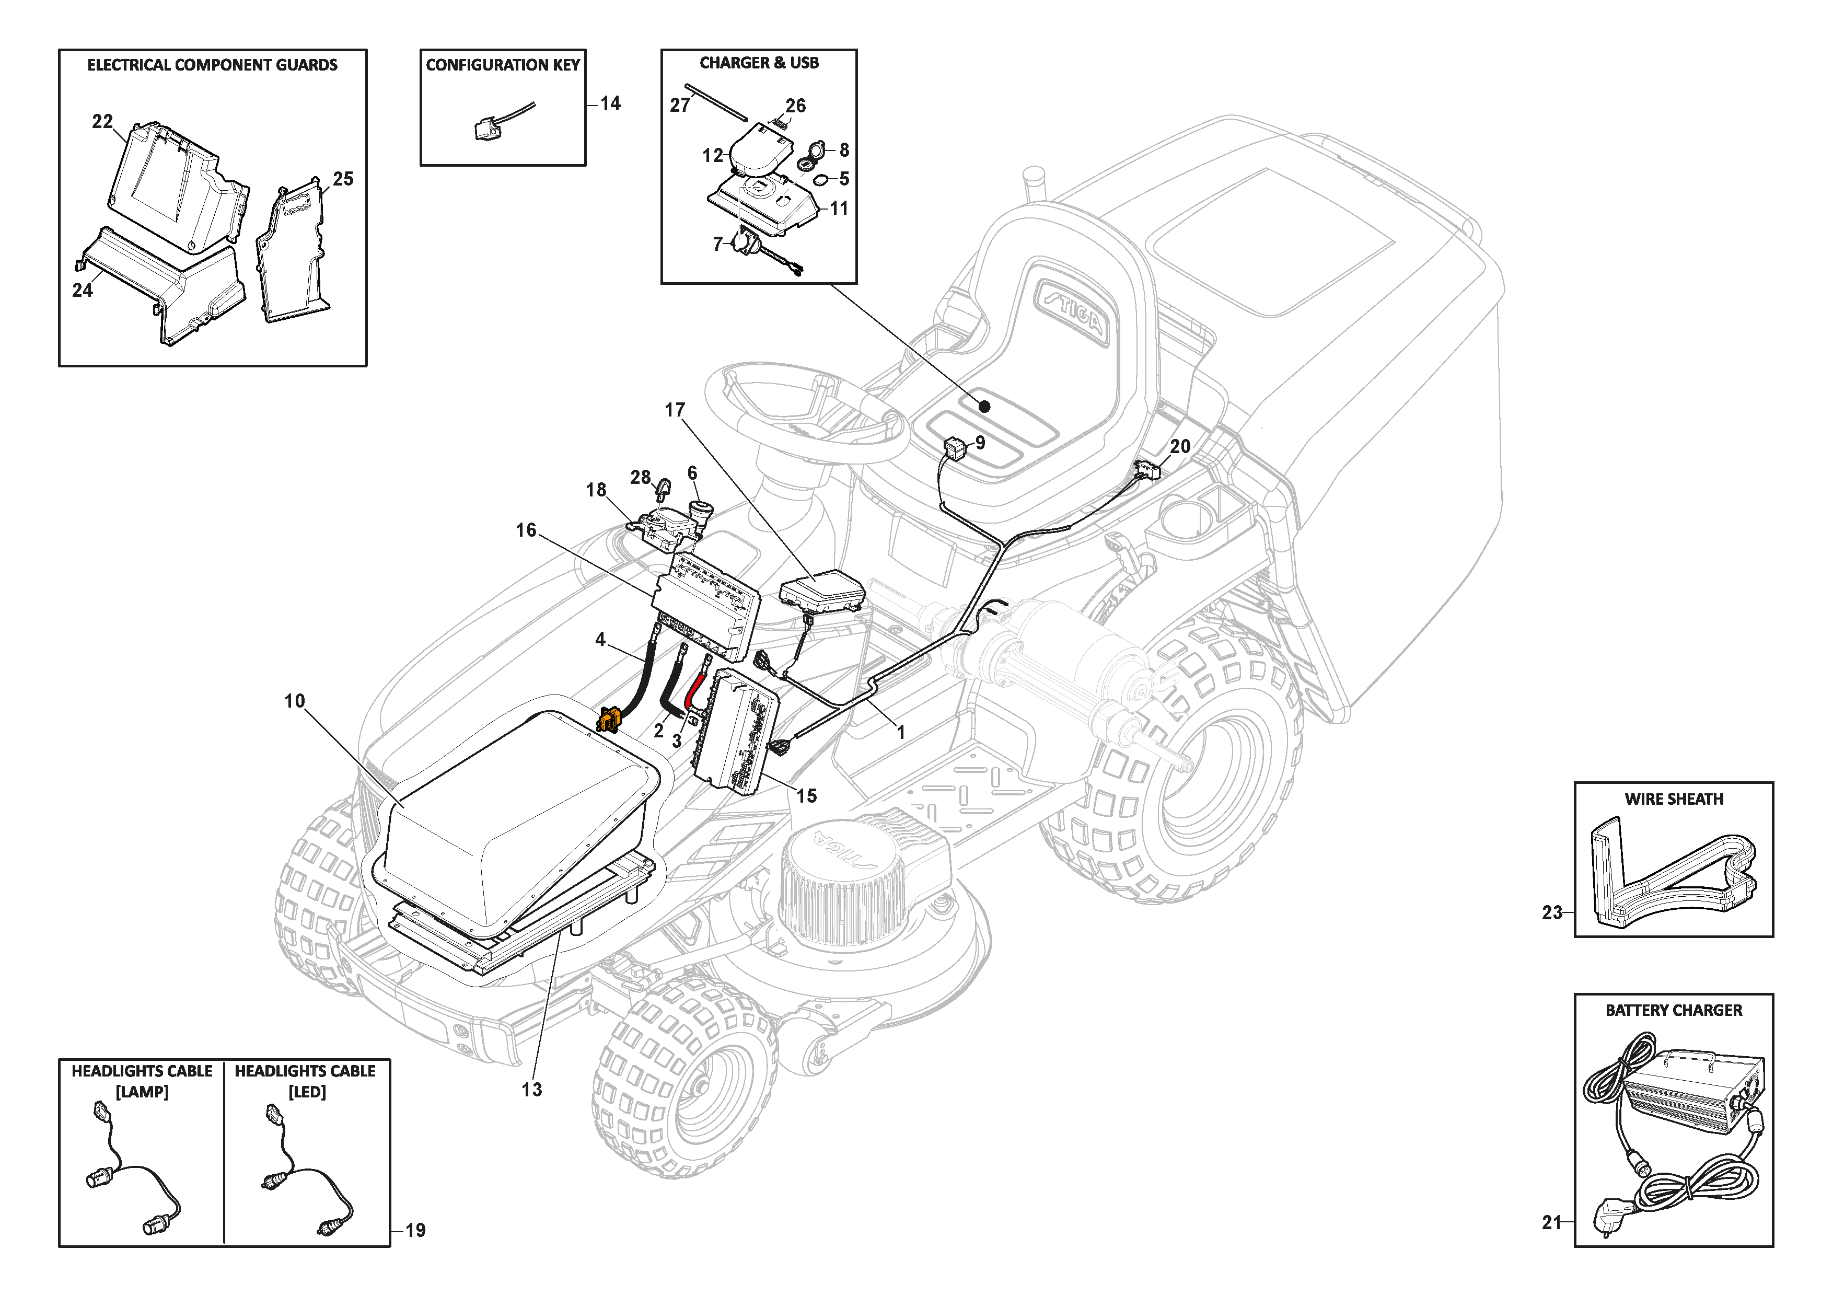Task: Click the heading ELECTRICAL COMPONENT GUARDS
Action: (212, 65)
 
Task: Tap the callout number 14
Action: (611, 103)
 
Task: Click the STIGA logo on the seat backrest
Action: (1071, 310)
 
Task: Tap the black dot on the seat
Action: (984, 407)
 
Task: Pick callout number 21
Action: (1551, 1222)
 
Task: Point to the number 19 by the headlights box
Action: (415, 1231)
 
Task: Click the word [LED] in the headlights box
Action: (307, 1092)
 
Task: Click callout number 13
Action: (532, 1089)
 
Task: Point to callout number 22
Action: (102, 121)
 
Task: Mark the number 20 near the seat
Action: (1180, 446)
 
